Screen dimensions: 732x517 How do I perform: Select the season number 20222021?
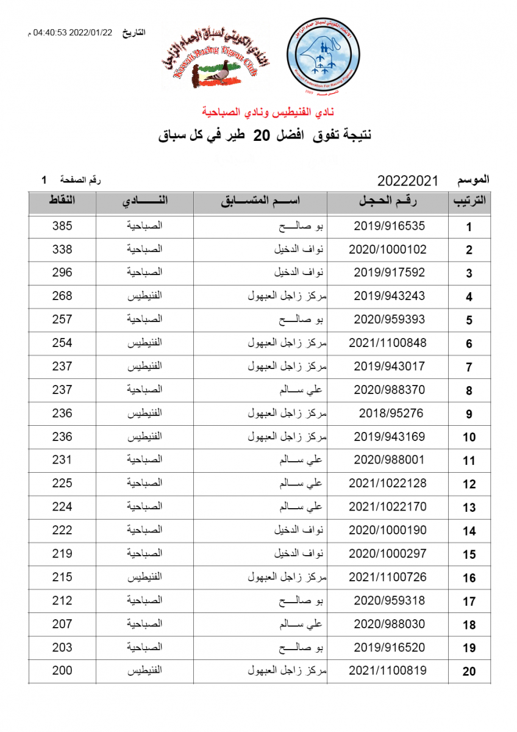(x=408, y=181)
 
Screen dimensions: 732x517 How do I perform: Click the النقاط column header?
(x=62, y=201)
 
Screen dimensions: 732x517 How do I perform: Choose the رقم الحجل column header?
(x=389, y=201)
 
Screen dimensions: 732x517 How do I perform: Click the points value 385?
(x=62, y=226)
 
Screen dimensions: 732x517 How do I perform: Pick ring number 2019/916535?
(x=389, y=226)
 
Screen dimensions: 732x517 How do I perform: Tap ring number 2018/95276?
(x=389, y=414)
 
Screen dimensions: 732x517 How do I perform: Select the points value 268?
(x=62, y=296)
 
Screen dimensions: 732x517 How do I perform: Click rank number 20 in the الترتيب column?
(x=469, y=672)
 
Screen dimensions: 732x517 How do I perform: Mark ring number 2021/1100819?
(x=388, y=671)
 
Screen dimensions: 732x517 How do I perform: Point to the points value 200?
(x=62, y=671)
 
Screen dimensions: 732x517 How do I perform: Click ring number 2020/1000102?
(x=388, y=249)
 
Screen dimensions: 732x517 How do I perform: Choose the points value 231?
(x=62, y=460)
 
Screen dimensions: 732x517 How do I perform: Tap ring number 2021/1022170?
(x=388, y=507)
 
